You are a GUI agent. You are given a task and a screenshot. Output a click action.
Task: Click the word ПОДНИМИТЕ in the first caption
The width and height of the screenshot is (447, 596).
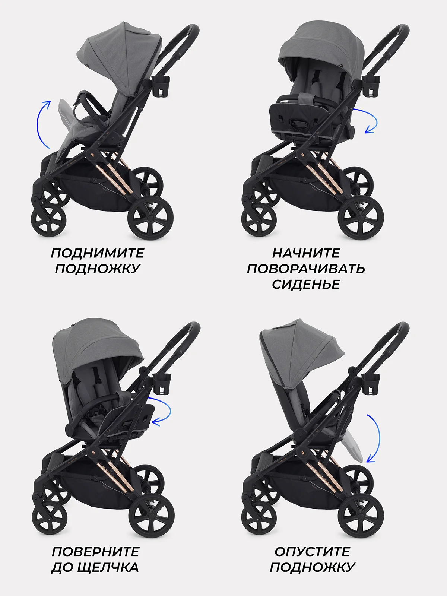(x=98, y=253)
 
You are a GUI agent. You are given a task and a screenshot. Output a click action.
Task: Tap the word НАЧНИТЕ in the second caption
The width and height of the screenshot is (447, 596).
(x=306, y=253)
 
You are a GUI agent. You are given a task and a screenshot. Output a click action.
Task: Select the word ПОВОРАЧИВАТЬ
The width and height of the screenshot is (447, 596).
(x=306, y=269)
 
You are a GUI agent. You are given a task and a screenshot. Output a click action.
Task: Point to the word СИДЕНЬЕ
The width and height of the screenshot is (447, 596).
(x=306, y=284)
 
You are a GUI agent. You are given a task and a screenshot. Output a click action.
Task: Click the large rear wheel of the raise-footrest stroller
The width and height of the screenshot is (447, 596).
(x=150, y=218)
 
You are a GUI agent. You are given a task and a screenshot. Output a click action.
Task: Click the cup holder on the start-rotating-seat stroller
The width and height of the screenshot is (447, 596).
(x=371, y=86)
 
